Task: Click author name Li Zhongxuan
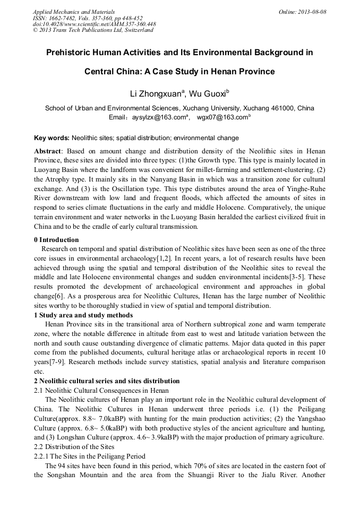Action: click(x=156, y=94)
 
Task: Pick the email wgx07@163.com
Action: click(x=221, y=117)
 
